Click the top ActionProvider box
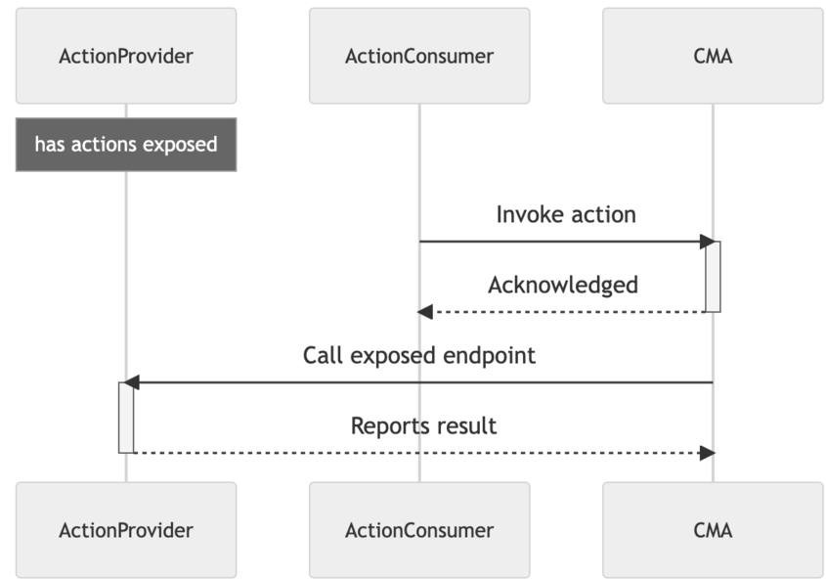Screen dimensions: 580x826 [x=125, y=56]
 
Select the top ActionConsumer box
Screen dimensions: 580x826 [x=419, y=56]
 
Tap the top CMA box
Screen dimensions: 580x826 [x=713, y=56]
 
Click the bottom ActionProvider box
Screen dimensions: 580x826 [x=125, y=530]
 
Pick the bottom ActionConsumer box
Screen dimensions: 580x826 [x=419, y=530]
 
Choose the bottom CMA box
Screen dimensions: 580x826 [x=713, y=530]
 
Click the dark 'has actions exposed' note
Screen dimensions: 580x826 [x=125, y=145]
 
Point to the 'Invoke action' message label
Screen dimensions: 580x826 [x=565, y=214]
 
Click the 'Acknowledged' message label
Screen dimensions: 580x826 [x=562, y=285]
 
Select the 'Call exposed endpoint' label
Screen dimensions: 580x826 [x=418, y=355]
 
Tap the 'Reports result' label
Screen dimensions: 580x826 [x=423, y=425]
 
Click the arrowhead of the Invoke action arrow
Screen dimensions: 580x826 [x=707, y=242]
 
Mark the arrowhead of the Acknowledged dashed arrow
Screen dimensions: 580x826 [x=425, y=312]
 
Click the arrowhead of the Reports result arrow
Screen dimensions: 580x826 [x=708, y=453]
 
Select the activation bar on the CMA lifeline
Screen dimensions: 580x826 [x=713, y=277]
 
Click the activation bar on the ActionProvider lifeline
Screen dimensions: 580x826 [x=125, y=418]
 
